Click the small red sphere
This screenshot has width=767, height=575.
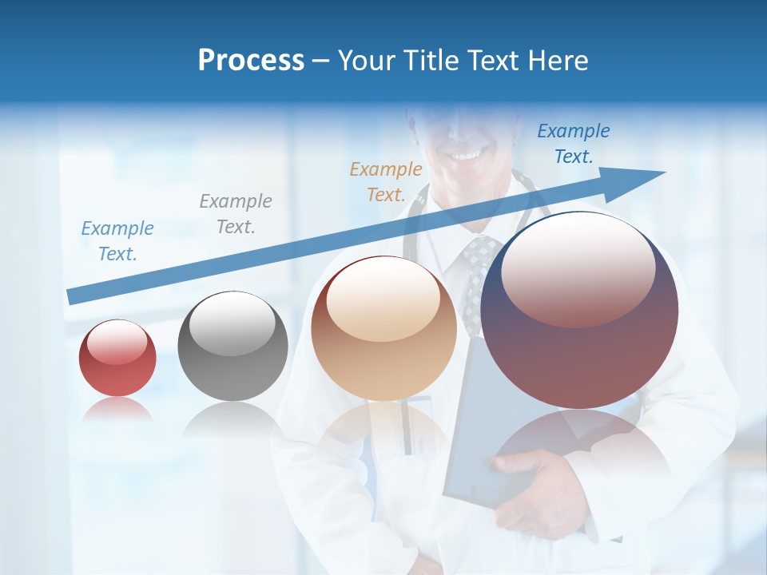pos(117,358)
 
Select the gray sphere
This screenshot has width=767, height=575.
pos(232,346)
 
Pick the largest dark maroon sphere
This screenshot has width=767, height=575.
pos(579,311)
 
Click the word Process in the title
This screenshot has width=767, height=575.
pos(251,61)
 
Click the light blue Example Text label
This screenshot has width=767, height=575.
pos(117,240)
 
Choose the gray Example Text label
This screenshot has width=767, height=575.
pos(236,213)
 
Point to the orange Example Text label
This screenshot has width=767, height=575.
pos(386,181)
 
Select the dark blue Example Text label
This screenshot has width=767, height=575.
pos(574,143)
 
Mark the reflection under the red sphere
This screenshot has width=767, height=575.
pos(117,410)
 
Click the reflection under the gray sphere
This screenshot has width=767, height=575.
pos(232,419)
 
